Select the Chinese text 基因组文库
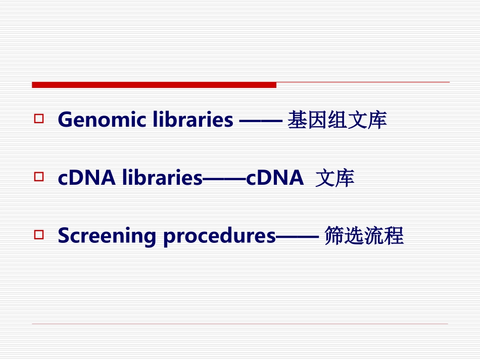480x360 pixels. coord(337,121)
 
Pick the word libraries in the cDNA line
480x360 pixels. coord(162,178)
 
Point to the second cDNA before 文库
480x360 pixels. coord(275,178)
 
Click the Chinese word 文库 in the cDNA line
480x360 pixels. coord(334,178)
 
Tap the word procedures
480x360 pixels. coord(219,236)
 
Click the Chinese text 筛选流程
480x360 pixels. coord(364,236)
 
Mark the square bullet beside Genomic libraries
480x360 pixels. coord(39,119)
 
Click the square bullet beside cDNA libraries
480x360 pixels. coord(39,177)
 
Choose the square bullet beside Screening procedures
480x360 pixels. coord(39,234)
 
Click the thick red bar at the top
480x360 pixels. coord(154,85)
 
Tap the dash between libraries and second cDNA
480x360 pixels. coord(224,179)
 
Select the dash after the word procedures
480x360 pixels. coord(298,236)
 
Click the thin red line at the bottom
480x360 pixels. coord(240,324)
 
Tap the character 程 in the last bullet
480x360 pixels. coord(394,236)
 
